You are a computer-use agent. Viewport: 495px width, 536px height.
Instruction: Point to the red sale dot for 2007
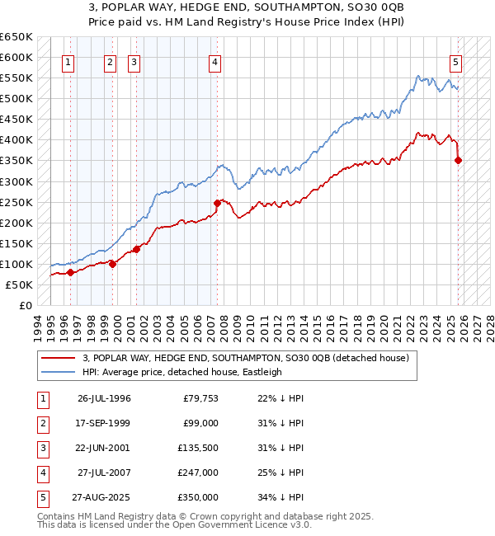(x=217, y=203)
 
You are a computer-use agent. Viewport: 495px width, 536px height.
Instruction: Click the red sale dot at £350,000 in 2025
(x=459, y=160)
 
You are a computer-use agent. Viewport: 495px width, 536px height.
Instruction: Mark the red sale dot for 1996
(x=70, y=272)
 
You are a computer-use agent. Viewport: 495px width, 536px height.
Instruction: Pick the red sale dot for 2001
(x=137, y=249)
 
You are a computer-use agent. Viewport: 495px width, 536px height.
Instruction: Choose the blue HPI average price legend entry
(x=181, y=372)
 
